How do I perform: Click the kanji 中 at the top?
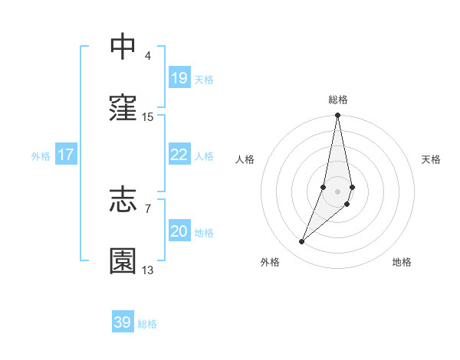click(x=123, y=46)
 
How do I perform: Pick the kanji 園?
click(x=123, y=261)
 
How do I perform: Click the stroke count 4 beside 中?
click(x=148, y=55)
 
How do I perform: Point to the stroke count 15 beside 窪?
click(x=148, y=116)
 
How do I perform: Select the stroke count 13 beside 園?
click(x=148, y=270)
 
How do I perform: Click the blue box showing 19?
click(x=179, y=77)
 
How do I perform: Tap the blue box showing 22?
click(x=179, y=155)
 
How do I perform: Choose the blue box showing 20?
click(x=179, y=231)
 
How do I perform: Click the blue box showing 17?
click(x=66, y=155)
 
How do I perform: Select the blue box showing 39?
click(x=122, y=322)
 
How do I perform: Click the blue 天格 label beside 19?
click(x=204, y=79)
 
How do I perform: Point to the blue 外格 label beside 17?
click(x=41, y=156)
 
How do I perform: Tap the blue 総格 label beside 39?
click(x=147, y=324)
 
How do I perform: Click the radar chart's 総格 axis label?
click(x=338, y=100)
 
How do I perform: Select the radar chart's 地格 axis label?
click(x=402, y=262)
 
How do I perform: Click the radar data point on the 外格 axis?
click(x=301, y=242)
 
